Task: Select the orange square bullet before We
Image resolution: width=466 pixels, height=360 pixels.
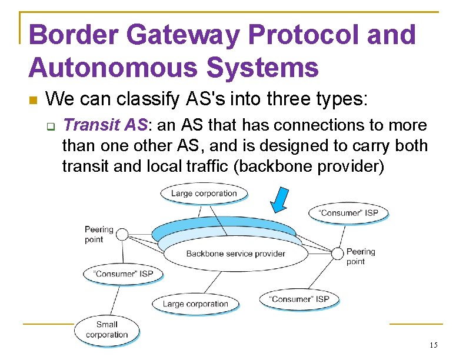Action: (32, 99)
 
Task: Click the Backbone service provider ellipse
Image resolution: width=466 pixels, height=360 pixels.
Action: (235, 254)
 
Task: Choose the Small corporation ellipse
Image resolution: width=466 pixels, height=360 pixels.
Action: (107, 329)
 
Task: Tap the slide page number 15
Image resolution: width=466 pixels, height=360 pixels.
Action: (434, 345)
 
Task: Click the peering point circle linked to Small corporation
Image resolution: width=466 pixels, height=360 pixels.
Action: (122, 235)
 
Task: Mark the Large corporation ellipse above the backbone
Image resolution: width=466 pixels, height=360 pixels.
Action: (204, 194)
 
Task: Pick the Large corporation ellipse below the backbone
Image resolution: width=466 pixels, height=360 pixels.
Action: (195, 304)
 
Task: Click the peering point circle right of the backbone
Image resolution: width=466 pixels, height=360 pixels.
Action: (337, 254)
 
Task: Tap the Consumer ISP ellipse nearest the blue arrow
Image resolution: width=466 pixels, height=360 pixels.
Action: (348, 213)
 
